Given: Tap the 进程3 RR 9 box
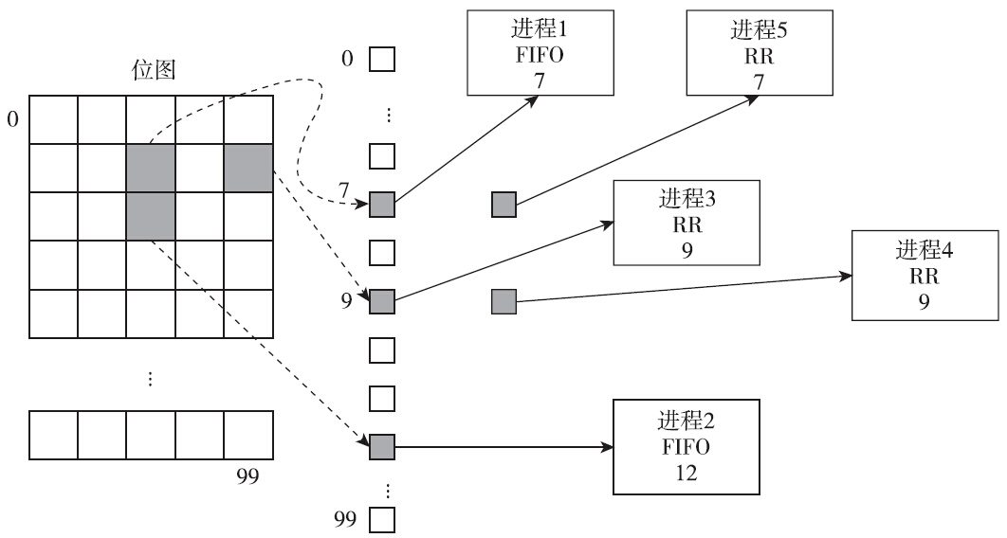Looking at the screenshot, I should pos(687,223).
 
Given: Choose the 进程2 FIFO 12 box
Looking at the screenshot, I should pos(687,446).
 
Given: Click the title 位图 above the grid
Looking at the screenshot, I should pos(152,71).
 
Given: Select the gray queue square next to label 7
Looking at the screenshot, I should pos(381,204).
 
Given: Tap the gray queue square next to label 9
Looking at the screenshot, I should pos(381,302).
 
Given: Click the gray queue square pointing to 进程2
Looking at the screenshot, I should pos(381,446).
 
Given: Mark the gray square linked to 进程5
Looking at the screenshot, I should pos(504,204).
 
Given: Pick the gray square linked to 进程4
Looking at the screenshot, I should pos(504,302).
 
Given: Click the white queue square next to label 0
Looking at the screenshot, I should pos(381,60).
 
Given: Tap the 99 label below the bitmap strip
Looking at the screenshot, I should pos(247,475).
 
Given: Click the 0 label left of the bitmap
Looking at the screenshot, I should pos(12,119).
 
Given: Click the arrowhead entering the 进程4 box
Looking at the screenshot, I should pos(847,276).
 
